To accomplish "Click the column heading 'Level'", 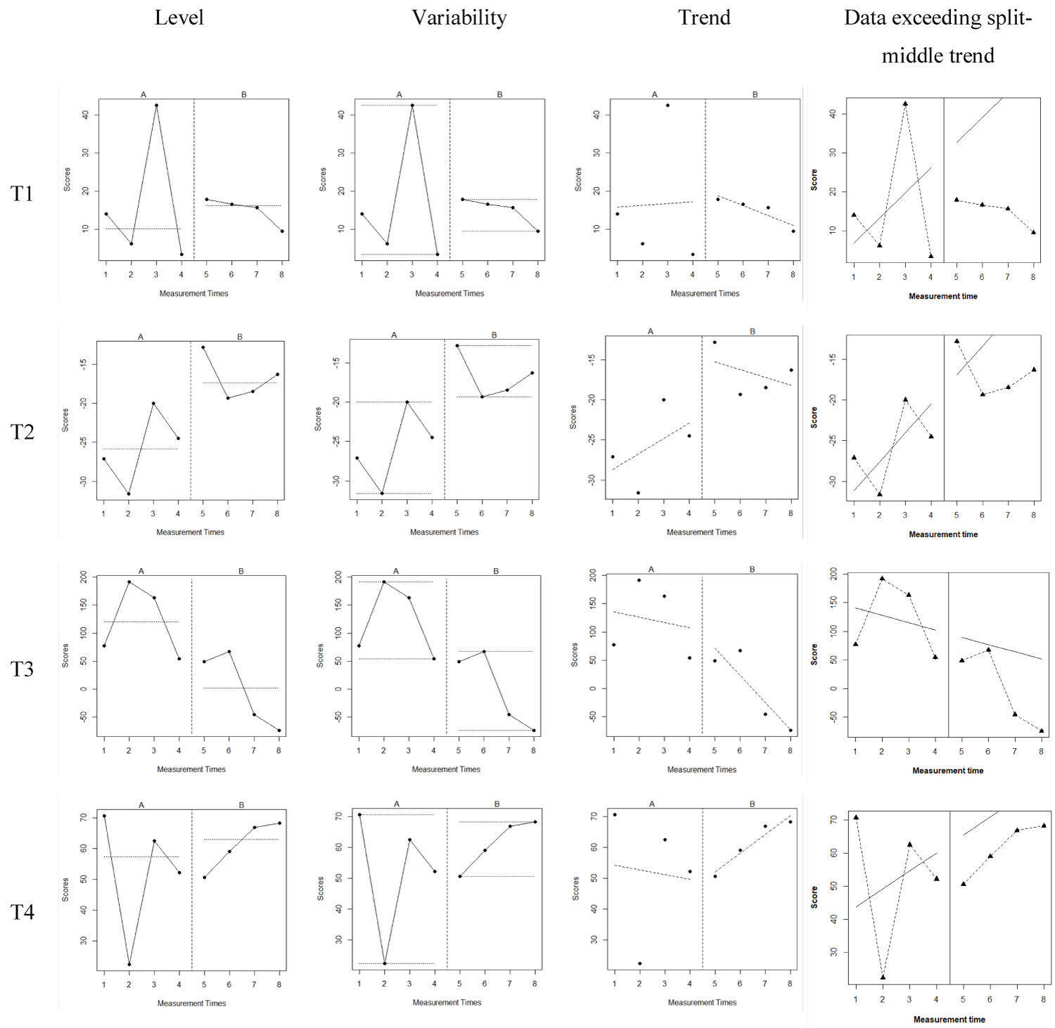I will [179, 18].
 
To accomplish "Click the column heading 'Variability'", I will [459, 18].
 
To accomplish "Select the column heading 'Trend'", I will [704, 18].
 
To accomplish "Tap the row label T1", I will [22, 193].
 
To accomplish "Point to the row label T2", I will [22, 431].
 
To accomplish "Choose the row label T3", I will [22, 668].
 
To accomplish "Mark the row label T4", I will [22, 912].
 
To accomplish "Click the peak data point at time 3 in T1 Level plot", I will [156, 105].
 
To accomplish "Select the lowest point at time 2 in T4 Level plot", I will [129, 964].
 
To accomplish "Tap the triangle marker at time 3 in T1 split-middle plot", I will [905, 103].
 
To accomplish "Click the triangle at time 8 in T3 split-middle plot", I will [1042, 731].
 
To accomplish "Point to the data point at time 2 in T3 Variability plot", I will [384, 582].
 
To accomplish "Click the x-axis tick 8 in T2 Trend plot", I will [791, 513].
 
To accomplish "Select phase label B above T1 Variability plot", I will [500, 94].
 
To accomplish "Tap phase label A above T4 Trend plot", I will [652, 804].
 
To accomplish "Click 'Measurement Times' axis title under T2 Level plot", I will [190, 532].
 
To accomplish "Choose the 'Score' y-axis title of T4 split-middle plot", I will [814, 897].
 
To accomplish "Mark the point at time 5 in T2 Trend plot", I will [715, 342].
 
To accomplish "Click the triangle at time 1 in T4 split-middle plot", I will [856, 817].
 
